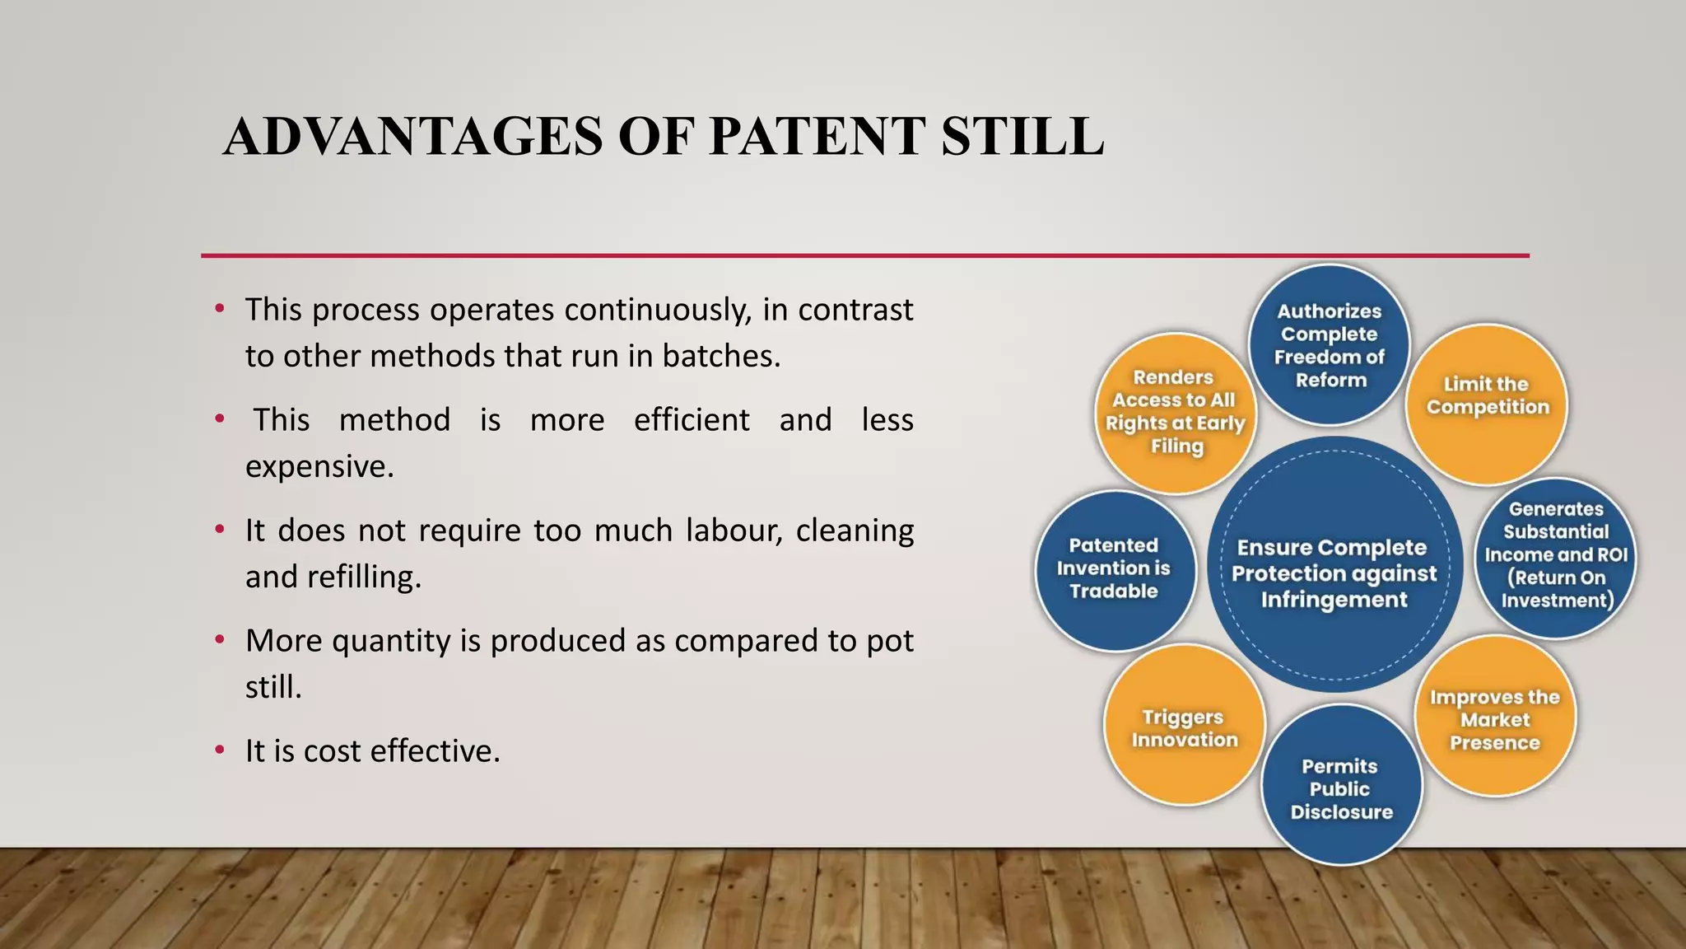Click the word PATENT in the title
click(x=816, y=137)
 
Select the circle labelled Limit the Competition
click(x=1487, y=404)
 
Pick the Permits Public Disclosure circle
click(x=1341, y=787)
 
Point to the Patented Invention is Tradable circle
click(x=1114, y=568)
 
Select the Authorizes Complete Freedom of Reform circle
click(x=1330, y=345)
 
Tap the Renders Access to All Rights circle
click(x=1175, y=412)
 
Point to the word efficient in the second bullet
click(x=691, y=420)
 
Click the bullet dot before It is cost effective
click(x=219, y=750)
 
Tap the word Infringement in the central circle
click(x=1334, y=600)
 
